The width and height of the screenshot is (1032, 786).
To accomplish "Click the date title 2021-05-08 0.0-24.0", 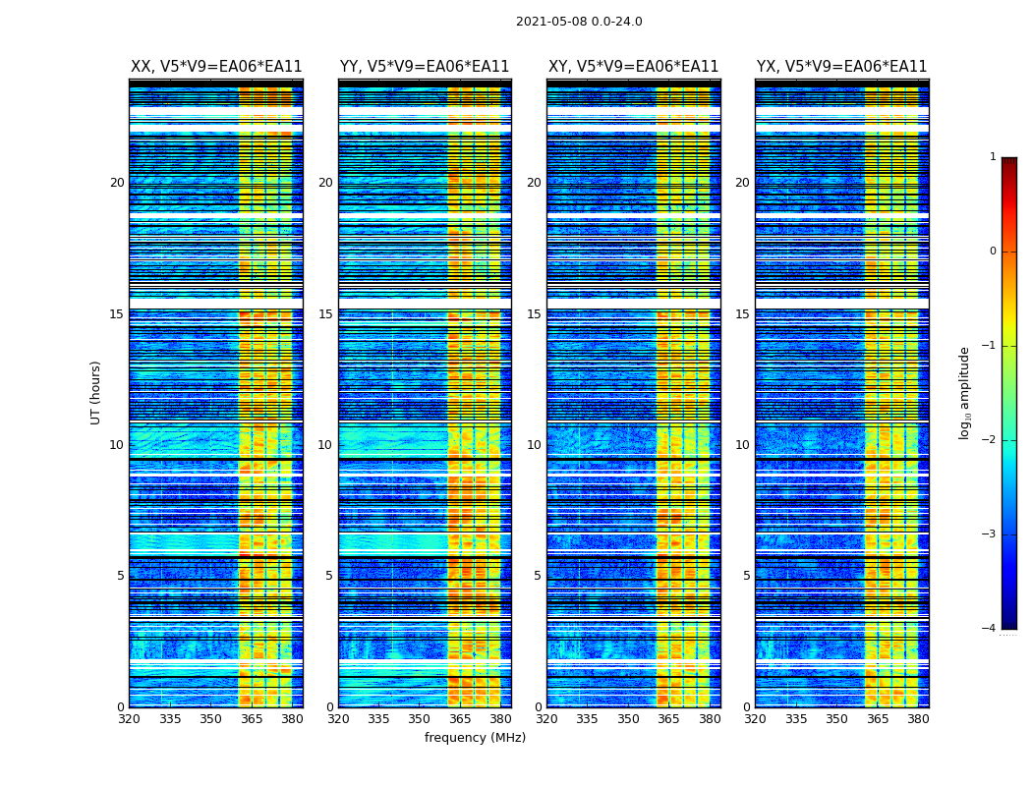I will click(x=579, y=22).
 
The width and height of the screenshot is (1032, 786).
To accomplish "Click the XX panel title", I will click(x=216, y=67).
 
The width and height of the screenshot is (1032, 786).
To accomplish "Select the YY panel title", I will click(x=425, y=67).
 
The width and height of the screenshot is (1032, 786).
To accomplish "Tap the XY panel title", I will click(x=633, y=67).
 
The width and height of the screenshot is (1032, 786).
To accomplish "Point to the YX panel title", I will click(x=841, y=67).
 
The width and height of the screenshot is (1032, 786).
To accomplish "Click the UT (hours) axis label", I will click(x=96, y=392).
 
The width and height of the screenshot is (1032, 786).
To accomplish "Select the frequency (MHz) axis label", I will click(x=475, y=738).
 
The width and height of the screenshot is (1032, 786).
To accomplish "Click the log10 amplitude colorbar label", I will click(x=965, y=392).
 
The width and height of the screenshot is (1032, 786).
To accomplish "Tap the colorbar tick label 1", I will click(x=993, y=157).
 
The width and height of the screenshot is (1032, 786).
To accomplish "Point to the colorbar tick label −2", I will click(x=990, y=440).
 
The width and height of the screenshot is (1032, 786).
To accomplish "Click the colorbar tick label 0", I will click(x=993, y=252).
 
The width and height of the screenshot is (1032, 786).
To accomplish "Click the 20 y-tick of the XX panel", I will click(x=117, y=183).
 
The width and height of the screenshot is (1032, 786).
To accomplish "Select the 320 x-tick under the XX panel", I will click(x=129, y=719).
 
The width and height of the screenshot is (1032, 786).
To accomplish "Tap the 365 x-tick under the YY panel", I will click(x=460, y=719).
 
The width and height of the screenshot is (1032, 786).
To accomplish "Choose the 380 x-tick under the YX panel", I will click(x=918, y=719).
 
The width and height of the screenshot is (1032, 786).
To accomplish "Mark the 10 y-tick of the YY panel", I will click(x=325, y=445).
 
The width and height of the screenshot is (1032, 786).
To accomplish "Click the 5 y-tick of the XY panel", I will click(x=538, y=576).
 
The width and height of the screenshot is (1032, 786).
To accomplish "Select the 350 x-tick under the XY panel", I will click(x=628, y=719).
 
